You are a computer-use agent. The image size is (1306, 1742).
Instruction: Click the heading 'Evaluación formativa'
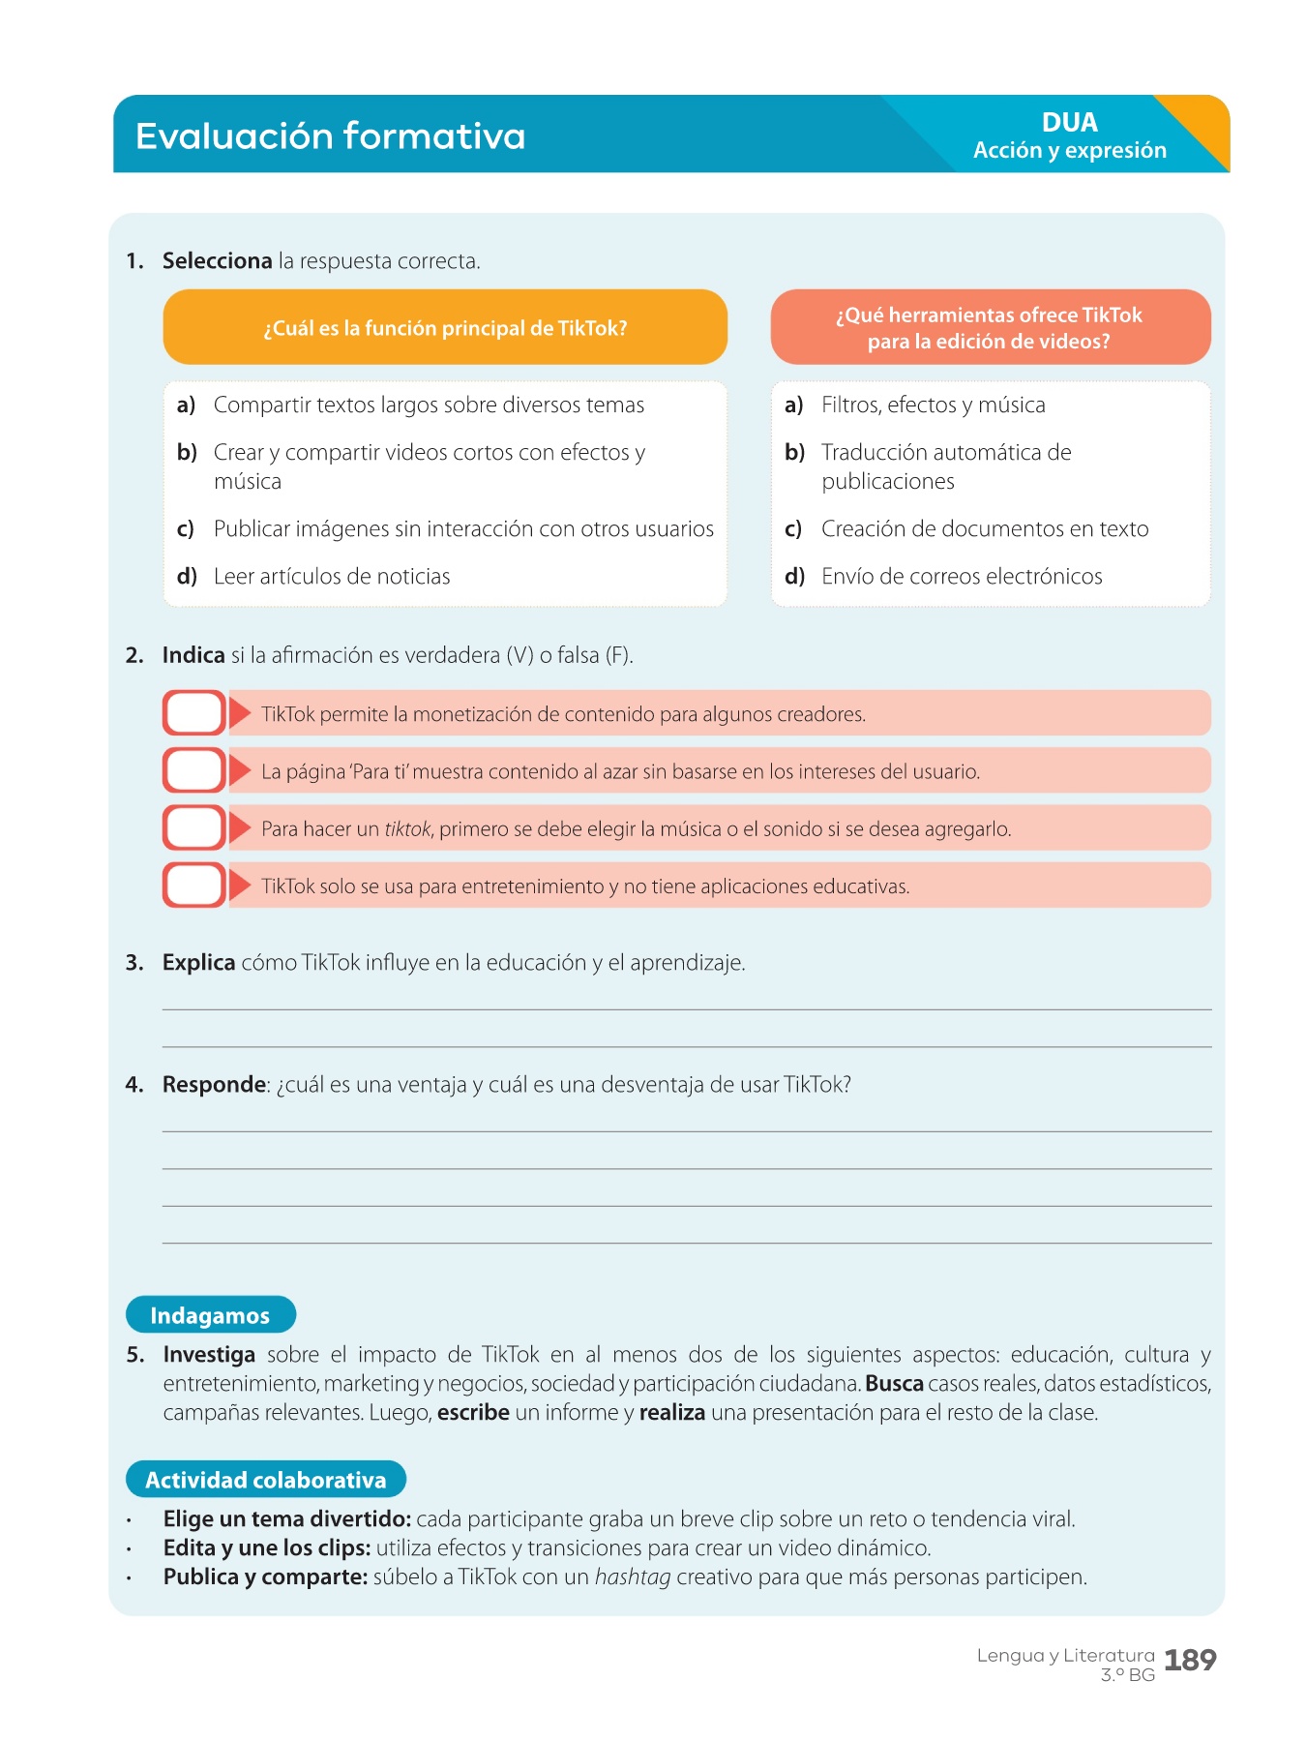tap(330, 136)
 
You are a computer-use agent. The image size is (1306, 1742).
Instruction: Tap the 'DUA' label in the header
tap(1069, 123)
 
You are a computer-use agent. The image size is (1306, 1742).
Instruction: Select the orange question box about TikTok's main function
tap(445, 328)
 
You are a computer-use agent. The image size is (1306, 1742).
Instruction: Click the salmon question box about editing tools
tap(990, 328)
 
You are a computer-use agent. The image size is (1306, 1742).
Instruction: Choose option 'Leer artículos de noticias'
tap(331, 577)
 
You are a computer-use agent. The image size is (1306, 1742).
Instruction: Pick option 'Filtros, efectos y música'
tap(933, 405)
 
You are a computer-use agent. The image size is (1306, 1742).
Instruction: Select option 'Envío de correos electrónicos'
tap(961, 577)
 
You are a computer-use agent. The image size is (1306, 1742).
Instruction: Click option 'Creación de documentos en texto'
tap(984, 529)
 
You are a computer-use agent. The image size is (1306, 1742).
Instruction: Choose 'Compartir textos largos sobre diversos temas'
tap(429, 405)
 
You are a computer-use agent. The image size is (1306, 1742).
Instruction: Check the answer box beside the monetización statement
tap(194, 713)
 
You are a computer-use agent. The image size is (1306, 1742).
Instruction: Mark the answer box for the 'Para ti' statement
tap(194, 771)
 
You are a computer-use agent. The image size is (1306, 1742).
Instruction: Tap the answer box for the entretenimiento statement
tap(194, 886)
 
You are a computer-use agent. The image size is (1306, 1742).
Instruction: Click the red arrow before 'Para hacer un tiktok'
tap(240, 828)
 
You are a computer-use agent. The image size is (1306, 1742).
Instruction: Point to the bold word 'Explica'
tap(198, 963)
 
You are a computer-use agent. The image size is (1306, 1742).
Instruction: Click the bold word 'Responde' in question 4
tap(214, 1085)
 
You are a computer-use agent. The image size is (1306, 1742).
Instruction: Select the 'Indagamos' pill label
tap(210, 1315)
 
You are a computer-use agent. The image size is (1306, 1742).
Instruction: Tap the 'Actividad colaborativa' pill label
tap(265, 1480)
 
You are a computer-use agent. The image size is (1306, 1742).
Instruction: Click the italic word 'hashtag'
tap(632, 1577)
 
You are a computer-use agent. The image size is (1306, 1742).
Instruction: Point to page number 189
tap(1189, 1661)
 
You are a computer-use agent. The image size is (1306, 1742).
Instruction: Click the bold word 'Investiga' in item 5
tap(209, 1355)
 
